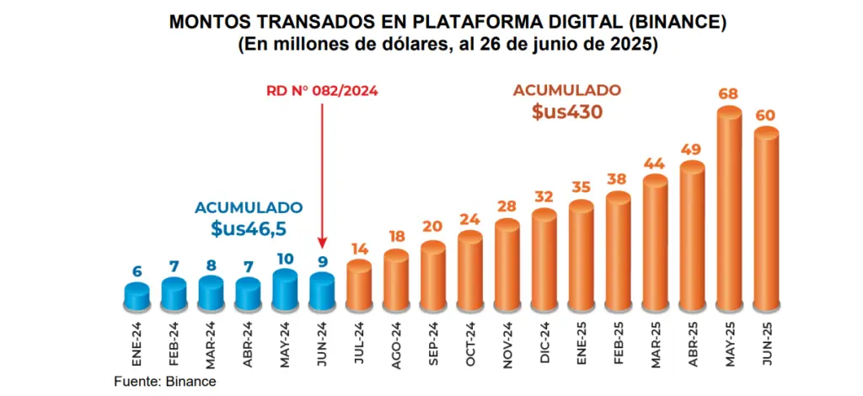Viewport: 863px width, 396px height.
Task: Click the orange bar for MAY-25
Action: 728,211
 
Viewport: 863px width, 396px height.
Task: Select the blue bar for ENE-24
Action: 137,297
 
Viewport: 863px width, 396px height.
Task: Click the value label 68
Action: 729,92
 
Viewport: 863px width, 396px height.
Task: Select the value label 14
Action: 359,249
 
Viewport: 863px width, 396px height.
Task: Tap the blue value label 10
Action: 285,257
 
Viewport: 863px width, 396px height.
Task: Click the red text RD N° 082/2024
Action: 322,91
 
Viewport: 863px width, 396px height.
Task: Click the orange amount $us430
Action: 567,111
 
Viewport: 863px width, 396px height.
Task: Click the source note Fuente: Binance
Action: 165,382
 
